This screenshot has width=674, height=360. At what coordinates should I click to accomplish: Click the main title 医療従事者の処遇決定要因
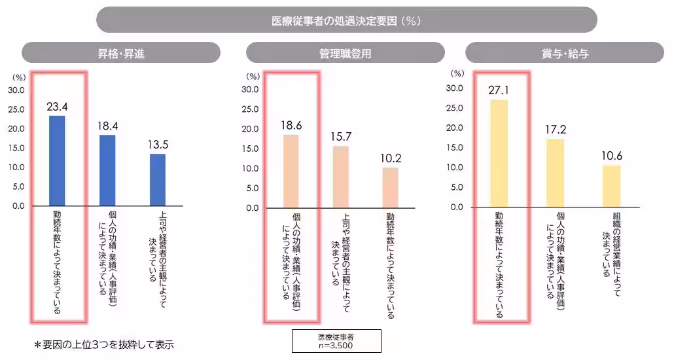coord(346,20)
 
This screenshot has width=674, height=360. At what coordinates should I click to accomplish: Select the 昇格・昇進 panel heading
coord(120,53)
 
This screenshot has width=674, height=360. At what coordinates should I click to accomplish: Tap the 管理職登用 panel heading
coord(345,53)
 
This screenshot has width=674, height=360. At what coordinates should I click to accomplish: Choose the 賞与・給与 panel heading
coord(565,53)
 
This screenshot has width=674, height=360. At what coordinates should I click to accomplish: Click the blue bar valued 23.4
coord(57,160)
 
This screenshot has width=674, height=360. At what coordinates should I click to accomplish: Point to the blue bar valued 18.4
coord(107,170)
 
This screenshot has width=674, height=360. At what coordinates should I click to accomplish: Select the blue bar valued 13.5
coord(158,179)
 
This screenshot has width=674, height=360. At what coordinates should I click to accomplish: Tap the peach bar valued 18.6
coord(291,171)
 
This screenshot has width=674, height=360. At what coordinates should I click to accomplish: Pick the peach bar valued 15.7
coord(340,177)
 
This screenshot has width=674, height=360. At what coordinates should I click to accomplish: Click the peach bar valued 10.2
coord(390,187)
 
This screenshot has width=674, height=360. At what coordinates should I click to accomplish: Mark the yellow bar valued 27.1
coord(499,153)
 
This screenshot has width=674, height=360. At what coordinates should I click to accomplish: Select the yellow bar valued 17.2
coord(555,173)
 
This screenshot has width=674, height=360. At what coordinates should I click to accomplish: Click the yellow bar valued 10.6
coord(611,186)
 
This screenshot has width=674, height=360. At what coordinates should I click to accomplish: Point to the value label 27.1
coord(499,90)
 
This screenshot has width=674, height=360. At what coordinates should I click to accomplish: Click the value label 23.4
coord(57,105)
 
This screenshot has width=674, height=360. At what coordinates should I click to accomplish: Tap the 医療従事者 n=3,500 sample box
coord(336,340)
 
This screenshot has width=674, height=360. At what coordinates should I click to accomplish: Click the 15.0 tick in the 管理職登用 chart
coord(251,149)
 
